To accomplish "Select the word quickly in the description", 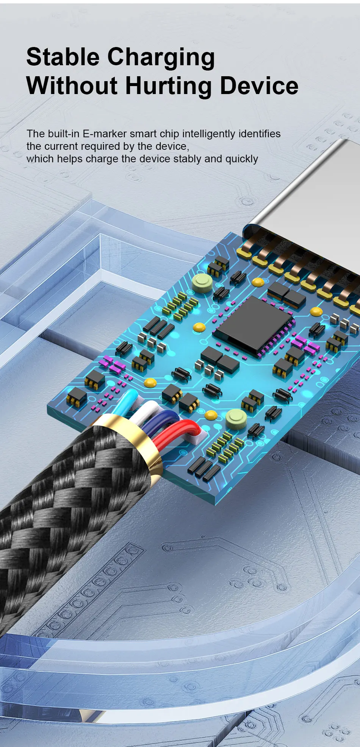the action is [x=242, y=159].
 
